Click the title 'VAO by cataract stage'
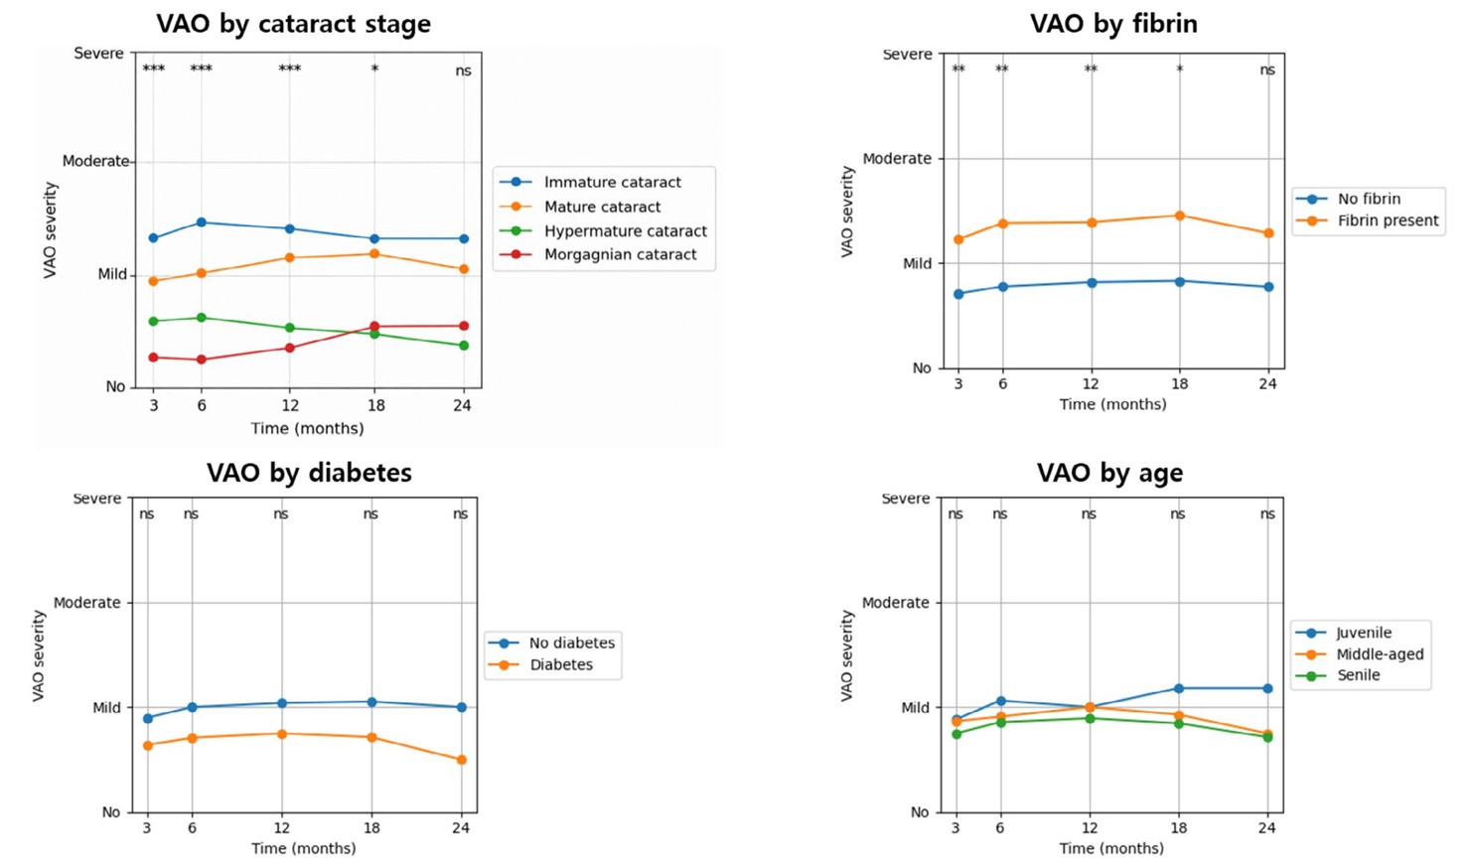[293, 24]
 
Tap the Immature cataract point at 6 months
[202, 222]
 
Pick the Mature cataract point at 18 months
[374, 254]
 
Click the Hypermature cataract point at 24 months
[464, 346]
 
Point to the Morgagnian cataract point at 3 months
[154, 358]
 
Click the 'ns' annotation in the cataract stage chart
[463, 71]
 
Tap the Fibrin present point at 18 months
[1180, 216]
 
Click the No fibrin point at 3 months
[958, 294]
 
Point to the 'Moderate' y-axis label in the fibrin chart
[897, 159]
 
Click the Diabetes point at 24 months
[462, 760]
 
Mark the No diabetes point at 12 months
[282, 703]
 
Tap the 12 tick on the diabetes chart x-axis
[281, 828]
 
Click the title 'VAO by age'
[1110, 473]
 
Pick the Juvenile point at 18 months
[1179, 688]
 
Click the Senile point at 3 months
[956, 734]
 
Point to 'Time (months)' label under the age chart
[1111, 848]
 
